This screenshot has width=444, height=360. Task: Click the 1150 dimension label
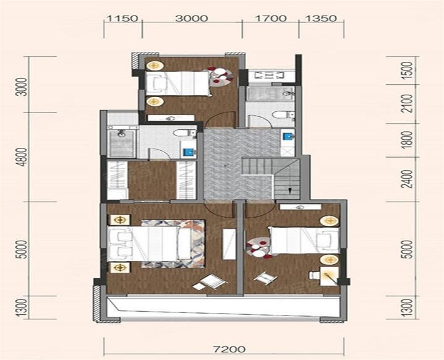coord(122,19)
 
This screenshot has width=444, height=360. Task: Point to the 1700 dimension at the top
coord(271,19)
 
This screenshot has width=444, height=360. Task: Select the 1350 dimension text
coord(321,19)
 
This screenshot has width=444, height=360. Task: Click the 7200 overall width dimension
coord(229,349)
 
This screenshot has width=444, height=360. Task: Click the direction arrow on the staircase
coord(289,191)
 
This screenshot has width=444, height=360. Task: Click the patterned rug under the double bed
coord(173,244)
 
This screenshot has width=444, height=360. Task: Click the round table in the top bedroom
coord(221,75)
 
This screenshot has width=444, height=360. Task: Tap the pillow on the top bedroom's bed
coord(159,83)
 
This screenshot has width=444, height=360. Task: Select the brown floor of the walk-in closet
coord(152,181)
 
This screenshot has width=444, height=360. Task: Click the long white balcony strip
coord(223,307)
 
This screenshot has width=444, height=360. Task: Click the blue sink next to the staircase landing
coord(288,137)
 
